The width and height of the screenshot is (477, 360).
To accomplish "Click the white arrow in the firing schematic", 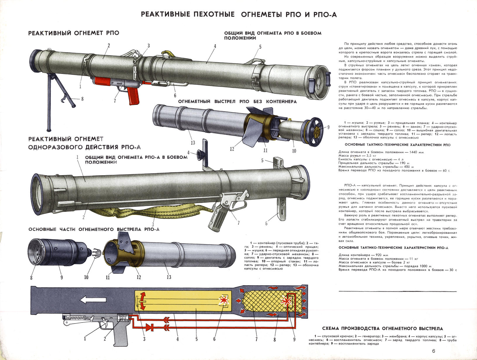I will coord(93,300).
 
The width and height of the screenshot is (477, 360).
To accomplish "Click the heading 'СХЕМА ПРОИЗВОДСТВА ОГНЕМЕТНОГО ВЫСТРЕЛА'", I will coord(382,329).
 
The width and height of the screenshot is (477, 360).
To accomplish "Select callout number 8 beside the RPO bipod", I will coord(82,99).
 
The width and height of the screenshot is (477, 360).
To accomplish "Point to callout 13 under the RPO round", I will coord(193,143).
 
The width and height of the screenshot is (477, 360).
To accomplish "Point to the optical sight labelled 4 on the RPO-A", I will coord(200,154).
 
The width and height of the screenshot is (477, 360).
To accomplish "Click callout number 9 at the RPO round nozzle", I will coord(328,127).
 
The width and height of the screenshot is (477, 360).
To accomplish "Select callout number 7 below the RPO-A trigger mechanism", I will coord(239,223).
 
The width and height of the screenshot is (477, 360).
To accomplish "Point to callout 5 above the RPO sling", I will coord(260,47).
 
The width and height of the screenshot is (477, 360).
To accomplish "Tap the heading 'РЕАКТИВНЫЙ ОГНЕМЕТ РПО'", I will coord(74,33).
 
